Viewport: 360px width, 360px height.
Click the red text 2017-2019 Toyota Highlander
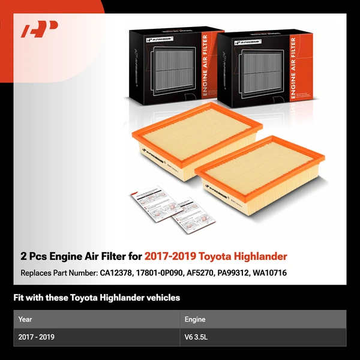(x=215, y=256)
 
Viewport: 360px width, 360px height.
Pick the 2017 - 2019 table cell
(x=37, y=337)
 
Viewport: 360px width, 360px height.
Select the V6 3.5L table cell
(x=197, y=337)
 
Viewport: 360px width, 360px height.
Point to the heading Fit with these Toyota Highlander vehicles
(x=97, y=298)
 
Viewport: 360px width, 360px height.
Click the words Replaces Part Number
(x=57, y=273)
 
